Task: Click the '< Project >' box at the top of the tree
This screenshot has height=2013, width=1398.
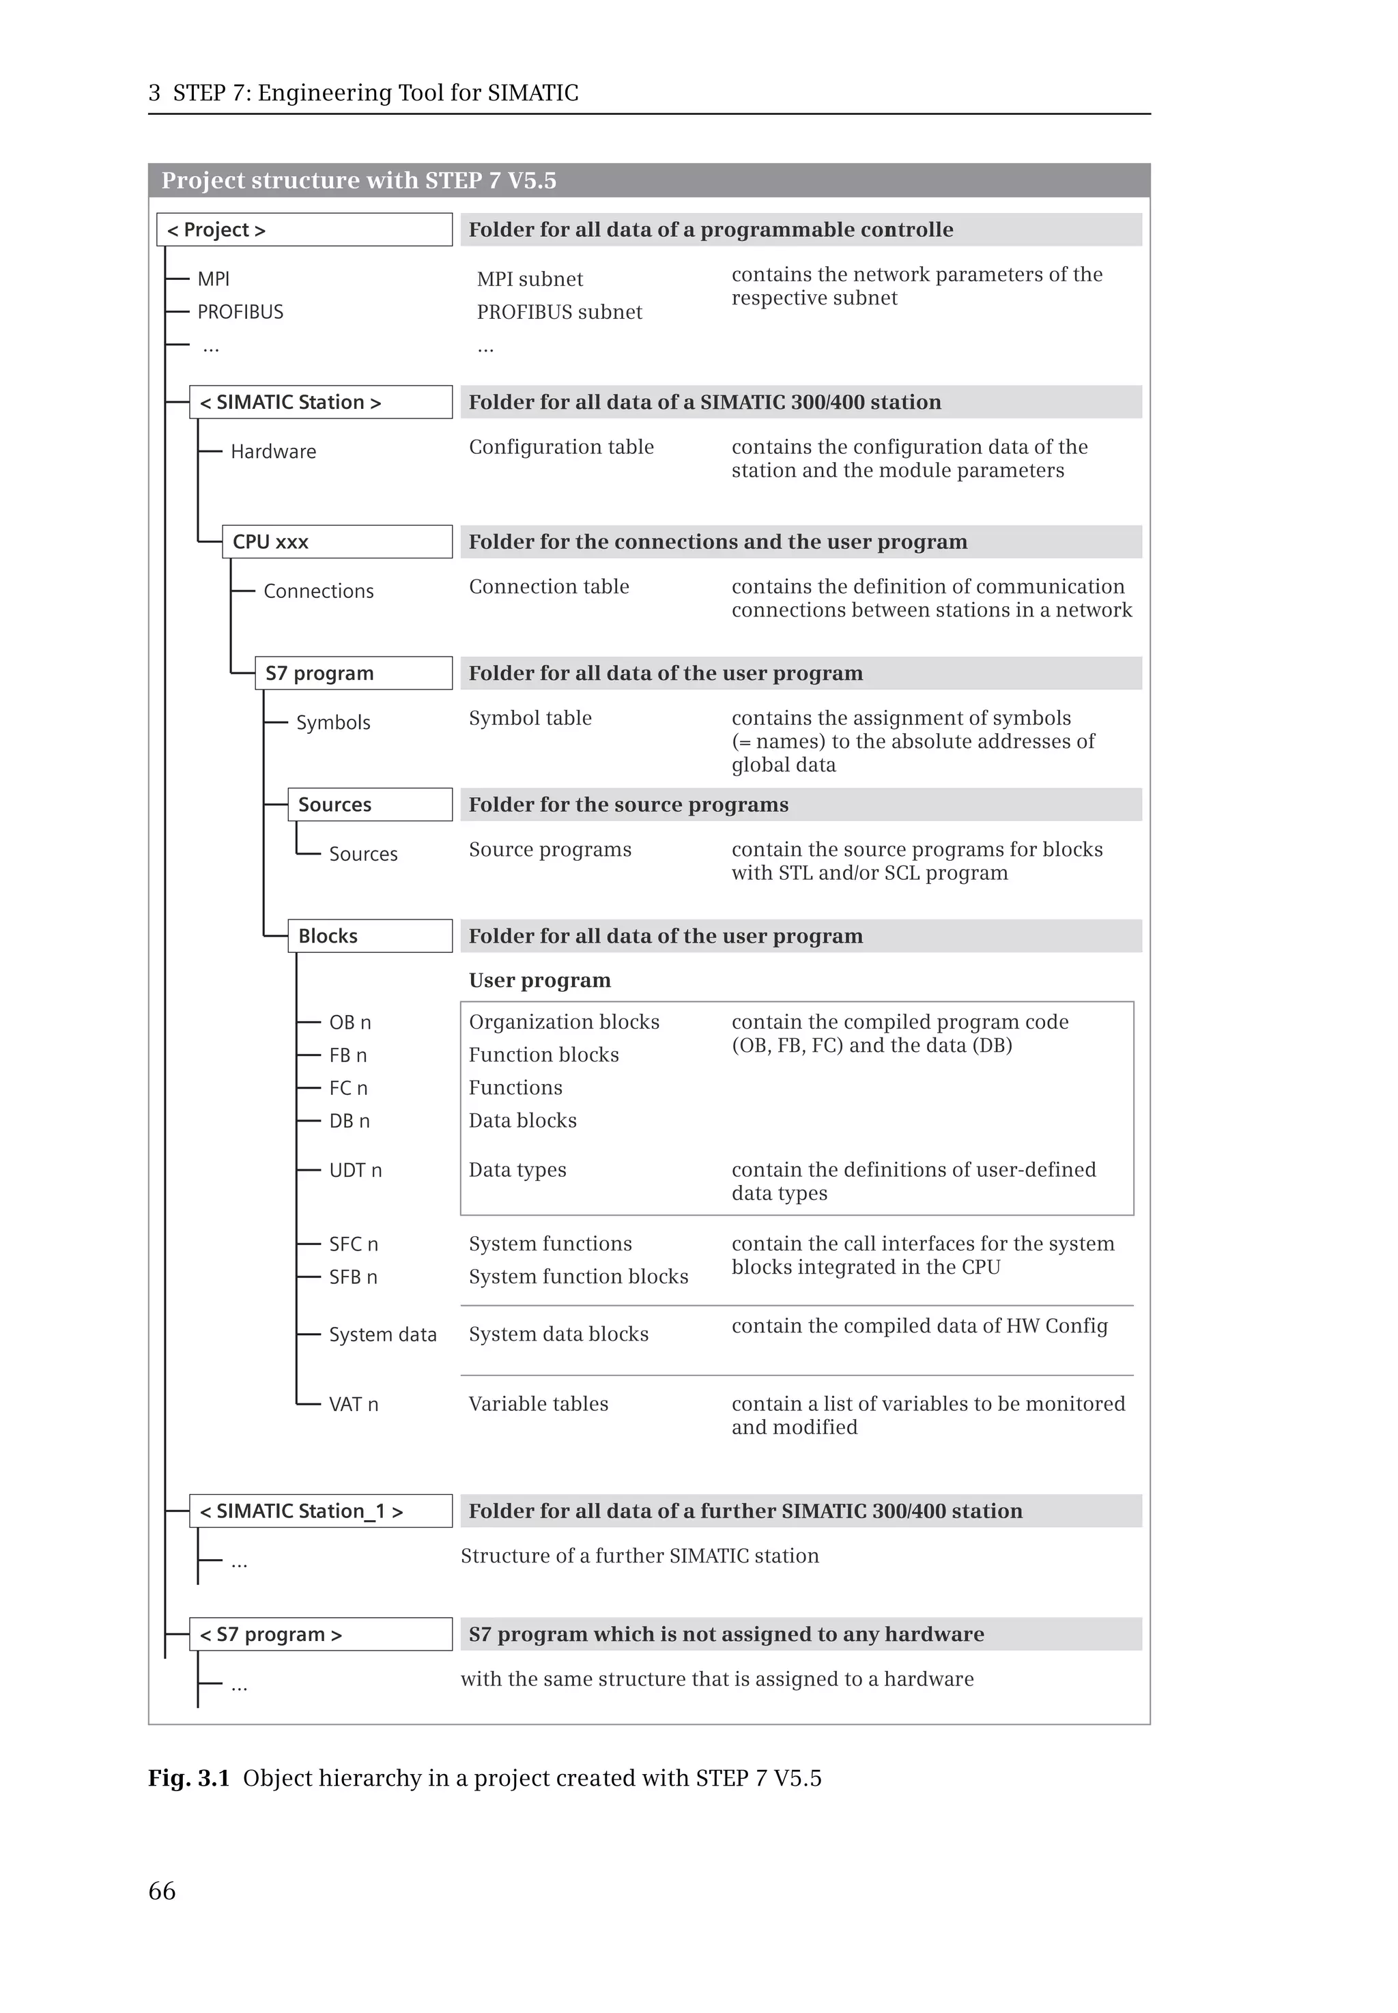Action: click(304, 229)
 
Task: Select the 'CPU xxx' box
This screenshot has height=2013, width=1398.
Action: click(337, 541)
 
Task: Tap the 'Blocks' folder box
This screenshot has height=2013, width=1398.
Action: click(370, 936)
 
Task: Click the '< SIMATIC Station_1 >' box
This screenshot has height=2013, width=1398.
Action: click(321, 1511)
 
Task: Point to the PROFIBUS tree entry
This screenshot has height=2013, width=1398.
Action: click(240, 312)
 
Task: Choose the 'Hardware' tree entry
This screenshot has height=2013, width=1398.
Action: click(273, 451)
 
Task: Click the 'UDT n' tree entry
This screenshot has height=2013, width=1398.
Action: click(355, 1170)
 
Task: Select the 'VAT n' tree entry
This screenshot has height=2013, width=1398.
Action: click(353, 1404)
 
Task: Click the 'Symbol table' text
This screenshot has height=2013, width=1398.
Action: click(530, 718)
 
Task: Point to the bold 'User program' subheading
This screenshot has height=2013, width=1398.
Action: click(539, 980)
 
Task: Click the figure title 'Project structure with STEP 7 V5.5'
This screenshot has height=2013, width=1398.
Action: click(358, 180)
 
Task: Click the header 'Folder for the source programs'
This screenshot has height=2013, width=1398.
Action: click(628, 804)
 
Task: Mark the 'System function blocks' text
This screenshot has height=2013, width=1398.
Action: click(578, 1276)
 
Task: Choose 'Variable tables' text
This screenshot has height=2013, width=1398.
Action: click(538, 1404)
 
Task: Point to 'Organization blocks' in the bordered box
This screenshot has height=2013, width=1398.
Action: click(564, 1023)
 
